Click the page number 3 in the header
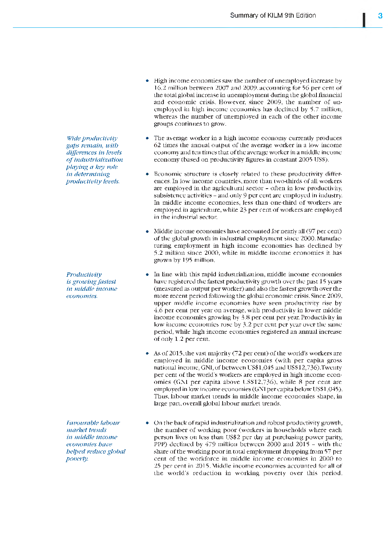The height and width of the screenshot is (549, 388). [380, 16]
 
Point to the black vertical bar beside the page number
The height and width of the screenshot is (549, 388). [364, 20]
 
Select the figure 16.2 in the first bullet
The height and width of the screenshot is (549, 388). [160, 88]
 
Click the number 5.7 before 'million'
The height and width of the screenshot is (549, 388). [315, 110]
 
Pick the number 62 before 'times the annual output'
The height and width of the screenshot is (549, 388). [157, 145]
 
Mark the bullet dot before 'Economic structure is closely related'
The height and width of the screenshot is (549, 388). [147, 174]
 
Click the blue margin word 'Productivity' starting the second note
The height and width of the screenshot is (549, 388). [84, 275]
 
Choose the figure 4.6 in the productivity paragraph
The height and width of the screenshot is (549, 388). [158, 310]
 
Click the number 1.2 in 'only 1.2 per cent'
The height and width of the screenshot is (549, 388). [179, 339]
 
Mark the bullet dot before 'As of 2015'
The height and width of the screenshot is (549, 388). [147, 353]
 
